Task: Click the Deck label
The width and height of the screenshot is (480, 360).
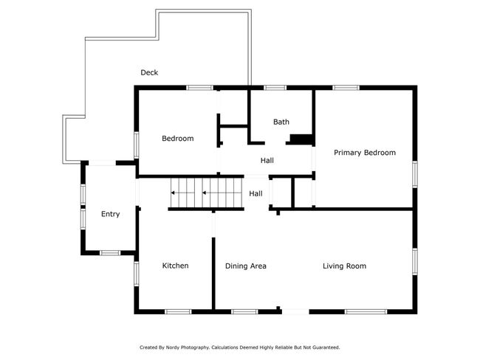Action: coord(149,72)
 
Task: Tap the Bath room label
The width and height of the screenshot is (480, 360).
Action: coord(281,122)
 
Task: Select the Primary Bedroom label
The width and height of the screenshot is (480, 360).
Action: coord(365,153)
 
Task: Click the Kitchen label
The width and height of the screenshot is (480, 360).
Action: coord(175,266)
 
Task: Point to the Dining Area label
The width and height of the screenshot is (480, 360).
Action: coord(245,266)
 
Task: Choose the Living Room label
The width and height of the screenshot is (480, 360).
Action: coord(344,266)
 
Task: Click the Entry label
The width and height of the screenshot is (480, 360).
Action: coord(110,214)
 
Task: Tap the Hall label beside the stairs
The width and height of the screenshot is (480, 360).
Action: coord(256,193)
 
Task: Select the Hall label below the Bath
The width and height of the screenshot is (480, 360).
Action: coord(267,160)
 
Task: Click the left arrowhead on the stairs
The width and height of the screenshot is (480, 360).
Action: coord(173,193)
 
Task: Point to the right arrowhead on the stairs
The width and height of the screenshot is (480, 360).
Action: coord(204,193)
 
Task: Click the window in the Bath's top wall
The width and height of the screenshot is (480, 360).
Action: coord(275,88)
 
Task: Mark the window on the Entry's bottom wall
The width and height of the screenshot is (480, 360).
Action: coord(110,252)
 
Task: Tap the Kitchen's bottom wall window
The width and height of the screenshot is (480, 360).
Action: coord(178,311)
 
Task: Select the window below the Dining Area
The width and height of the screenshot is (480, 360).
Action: coord(244,311)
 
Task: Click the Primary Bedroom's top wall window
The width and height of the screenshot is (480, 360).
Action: coord(346,88)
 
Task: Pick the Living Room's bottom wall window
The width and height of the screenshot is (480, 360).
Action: coord(366,311)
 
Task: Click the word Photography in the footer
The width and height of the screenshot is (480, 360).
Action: coord(195,347)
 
